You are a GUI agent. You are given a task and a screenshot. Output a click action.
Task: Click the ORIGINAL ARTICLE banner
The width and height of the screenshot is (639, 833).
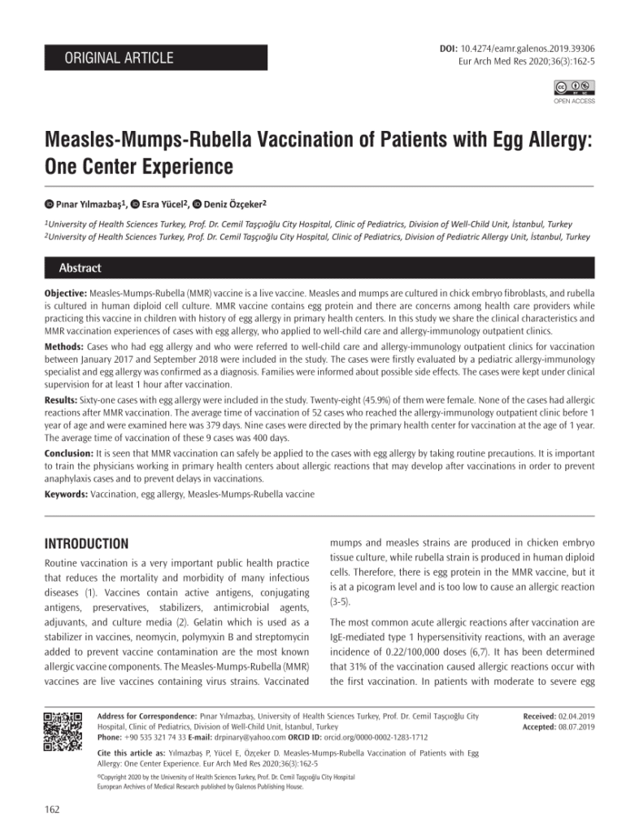[x=154, y=58]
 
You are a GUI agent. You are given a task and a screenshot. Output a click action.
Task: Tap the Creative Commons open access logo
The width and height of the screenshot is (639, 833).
[x=574, y=88]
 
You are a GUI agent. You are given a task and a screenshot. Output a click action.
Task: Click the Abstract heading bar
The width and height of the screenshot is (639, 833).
[x=80, y=268]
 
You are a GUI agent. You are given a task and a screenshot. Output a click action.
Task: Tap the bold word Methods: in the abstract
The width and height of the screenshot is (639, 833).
[x=63, y=346]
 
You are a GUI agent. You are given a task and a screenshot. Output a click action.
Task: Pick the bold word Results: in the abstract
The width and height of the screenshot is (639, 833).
[x=62, y=401]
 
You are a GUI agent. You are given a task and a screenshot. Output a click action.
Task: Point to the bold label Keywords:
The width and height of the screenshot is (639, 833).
[x=66, y=494]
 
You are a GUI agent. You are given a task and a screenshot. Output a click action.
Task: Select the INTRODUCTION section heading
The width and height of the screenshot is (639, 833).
[x=86, y=543]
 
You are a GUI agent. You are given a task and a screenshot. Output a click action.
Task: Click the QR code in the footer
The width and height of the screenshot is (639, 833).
[x=63, y=731]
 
